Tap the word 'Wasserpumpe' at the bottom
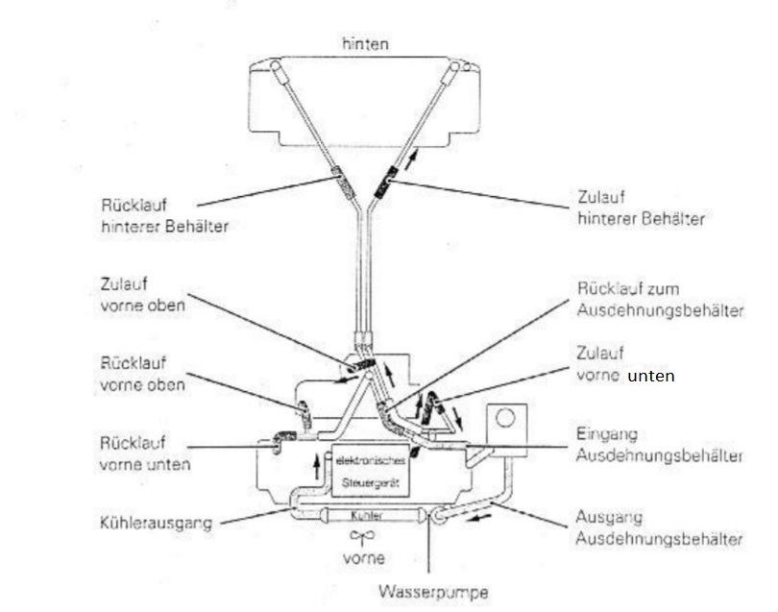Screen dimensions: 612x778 click(x=433, y=591)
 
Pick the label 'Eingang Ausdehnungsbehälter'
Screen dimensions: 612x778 click(x=659, y=444)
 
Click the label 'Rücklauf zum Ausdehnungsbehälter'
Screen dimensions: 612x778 click(x=659, y=297)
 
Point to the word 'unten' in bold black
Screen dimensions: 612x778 click(x=651, y=377)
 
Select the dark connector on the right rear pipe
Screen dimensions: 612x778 click(x=387, y=179)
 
